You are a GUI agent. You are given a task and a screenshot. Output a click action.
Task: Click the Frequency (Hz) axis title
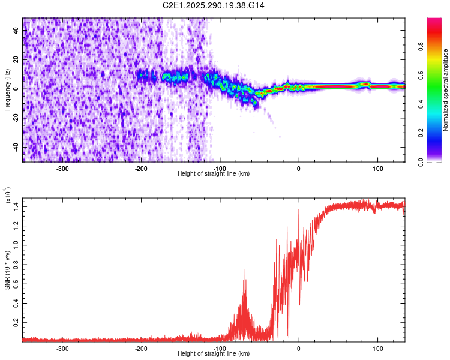point(7,90)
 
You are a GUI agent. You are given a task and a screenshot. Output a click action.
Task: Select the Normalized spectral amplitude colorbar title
point(446,90)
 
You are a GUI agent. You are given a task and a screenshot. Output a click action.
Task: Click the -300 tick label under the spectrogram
point(63,168)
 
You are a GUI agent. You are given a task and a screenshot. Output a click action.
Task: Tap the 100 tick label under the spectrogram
point(377,168)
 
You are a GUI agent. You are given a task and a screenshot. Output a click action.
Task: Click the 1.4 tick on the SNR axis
point(17,206)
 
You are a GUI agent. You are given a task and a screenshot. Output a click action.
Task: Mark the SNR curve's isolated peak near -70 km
point(244,271)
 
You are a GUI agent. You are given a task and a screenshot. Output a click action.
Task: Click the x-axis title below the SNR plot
point(214,355)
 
